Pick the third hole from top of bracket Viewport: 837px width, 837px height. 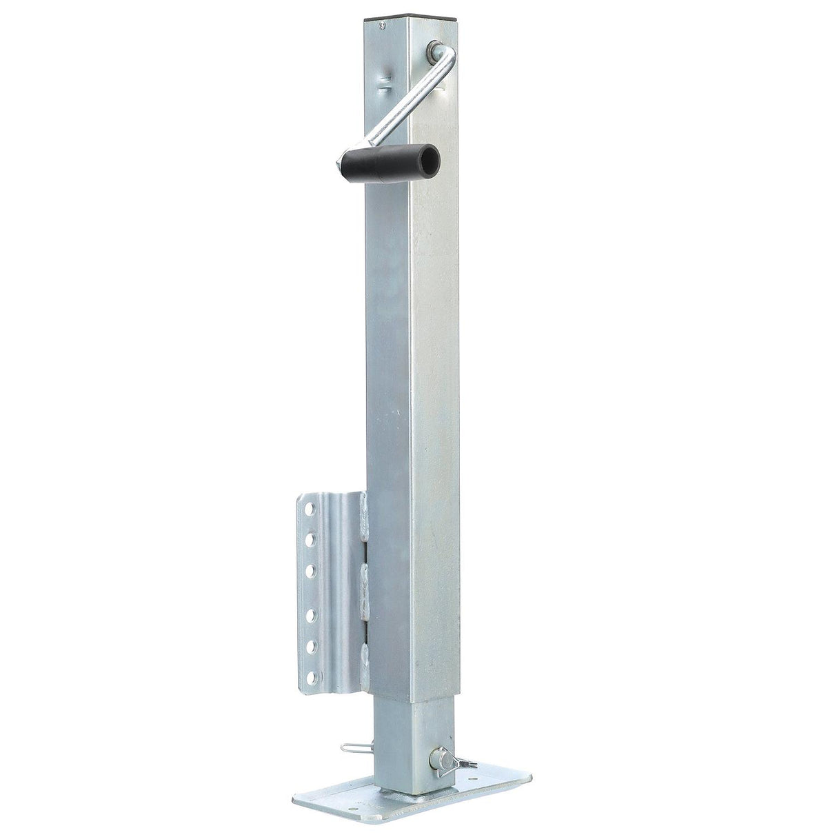[307, 569]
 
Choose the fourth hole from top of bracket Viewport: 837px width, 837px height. [307, 613]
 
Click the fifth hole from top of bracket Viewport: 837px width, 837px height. [307, 645]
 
